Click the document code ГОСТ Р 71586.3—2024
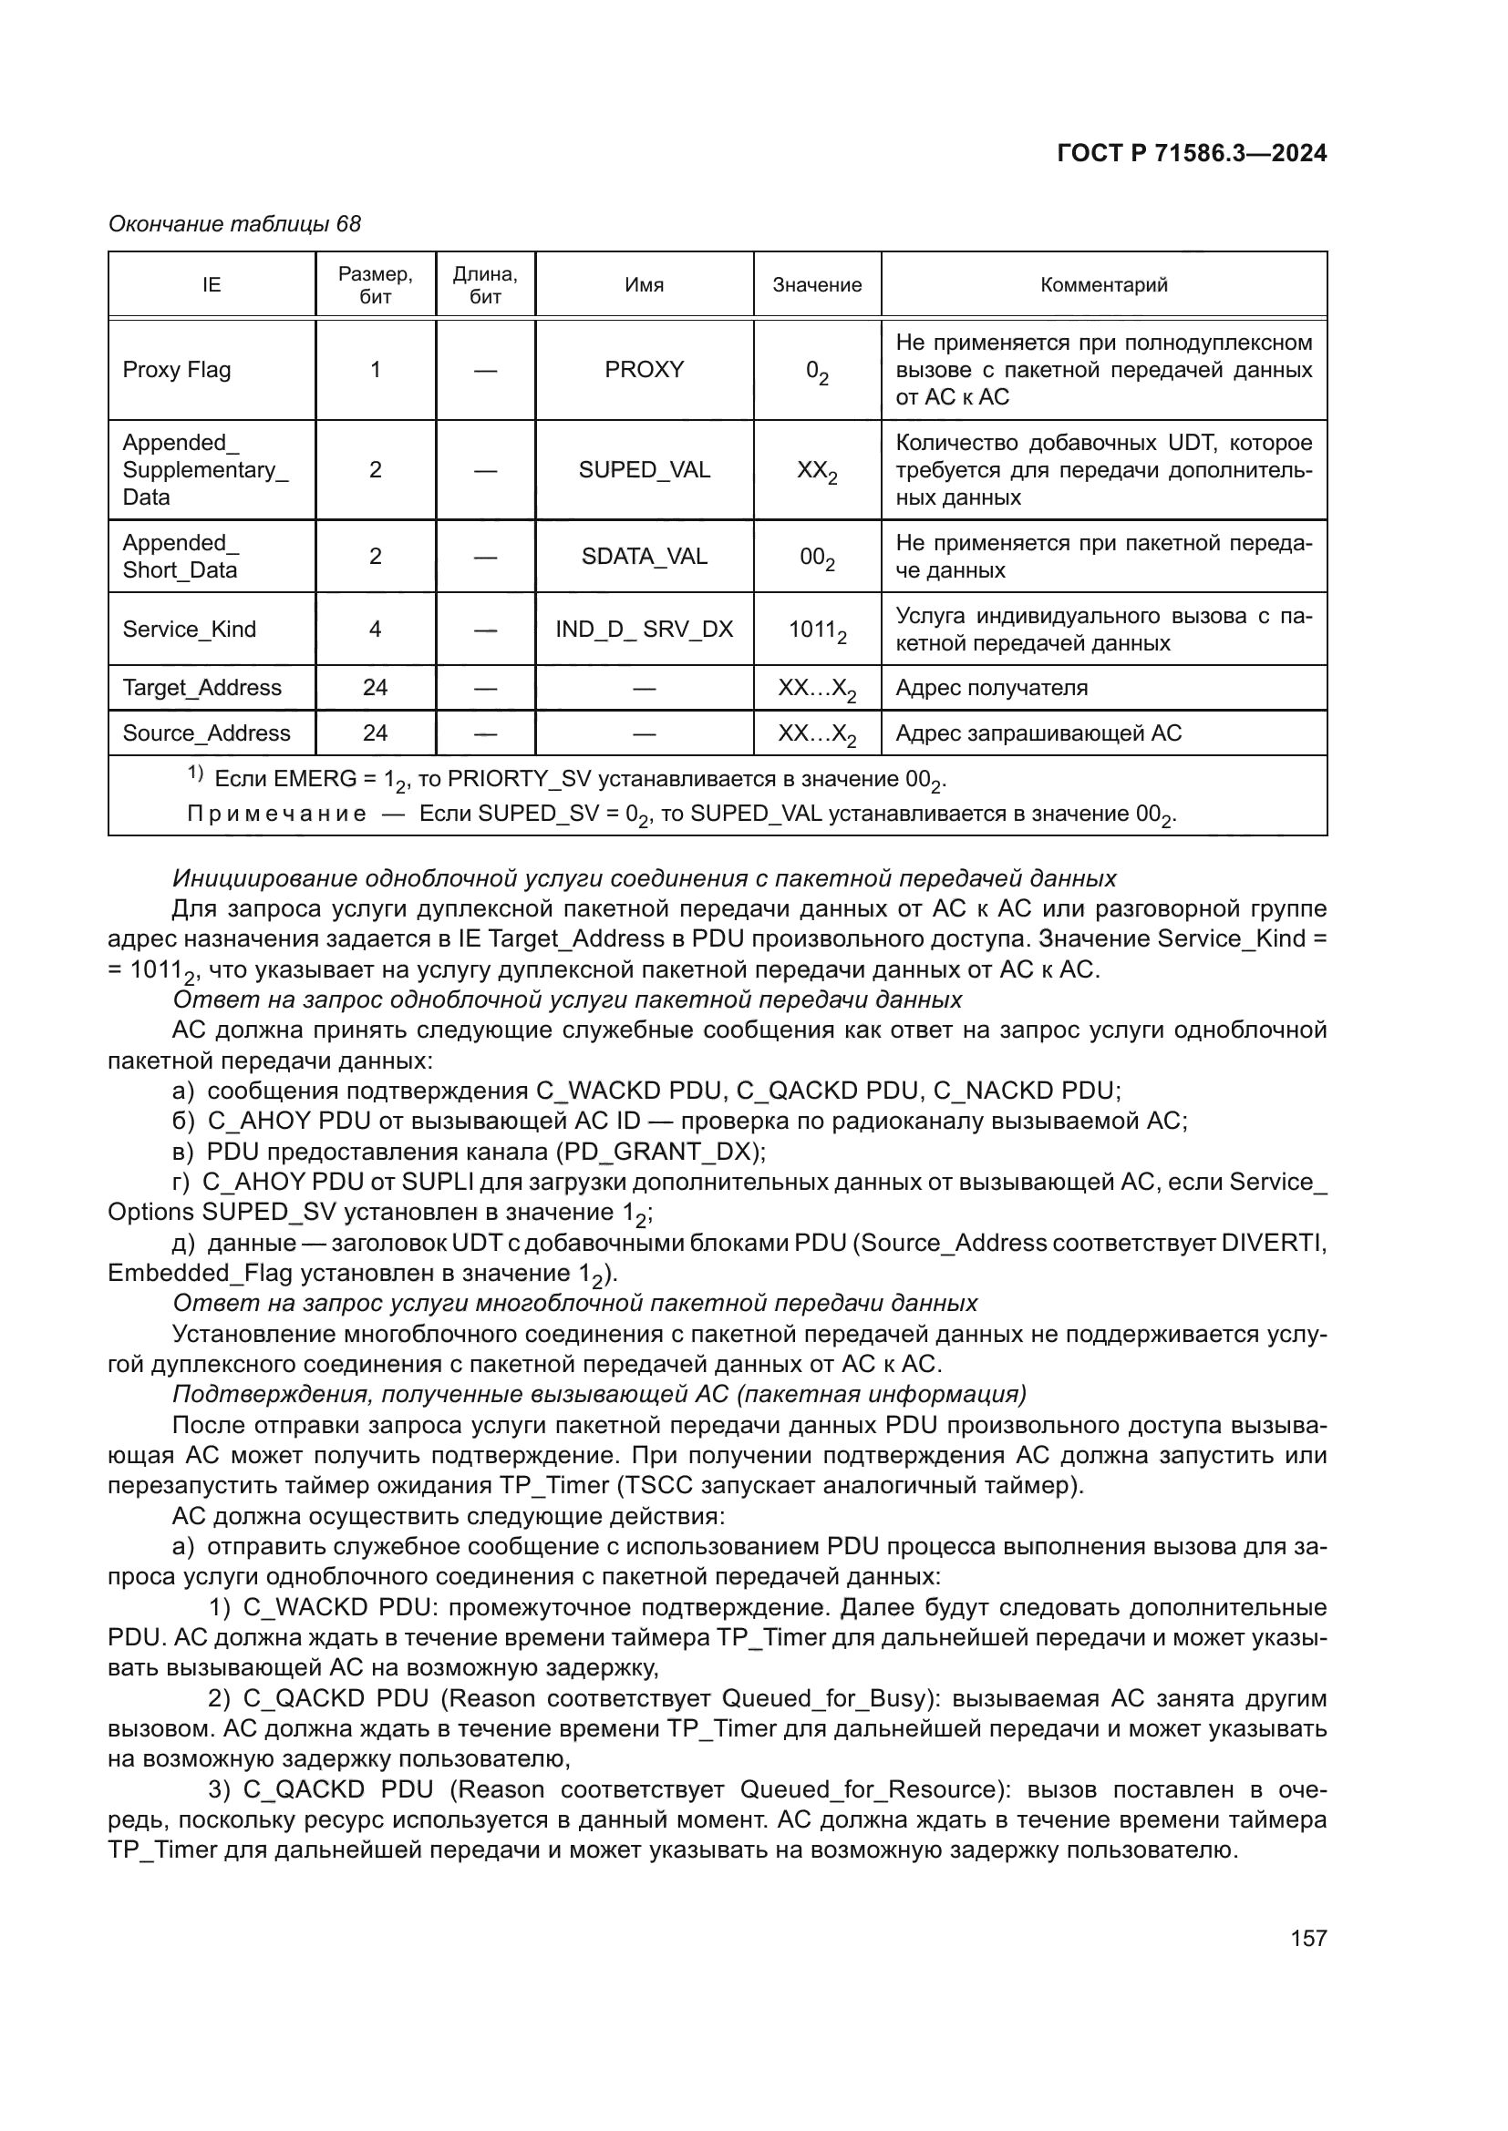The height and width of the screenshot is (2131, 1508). point(1192,153)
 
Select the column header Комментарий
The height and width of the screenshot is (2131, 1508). point(1103,285)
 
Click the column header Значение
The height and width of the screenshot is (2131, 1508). point(817,285)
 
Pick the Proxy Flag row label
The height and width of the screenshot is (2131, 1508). point(177,369)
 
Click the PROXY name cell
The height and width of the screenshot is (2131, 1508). point(645,369)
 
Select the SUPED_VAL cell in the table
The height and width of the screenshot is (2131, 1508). point(645,469)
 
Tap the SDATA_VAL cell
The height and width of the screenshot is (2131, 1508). point(645,556)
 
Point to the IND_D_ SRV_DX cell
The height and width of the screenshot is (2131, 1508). point(645,630)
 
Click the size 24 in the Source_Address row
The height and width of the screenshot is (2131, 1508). point(375,733)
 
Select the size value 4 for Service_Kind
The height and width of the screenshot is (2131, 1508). point(375,630)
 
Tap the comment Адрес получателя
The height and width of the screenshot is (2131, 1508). point(991,688)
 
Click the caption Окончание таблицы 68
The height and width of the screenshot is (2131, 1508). point(235,224)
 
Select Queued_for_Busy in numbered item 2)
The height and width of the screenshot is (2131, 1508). point(824,1699)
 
